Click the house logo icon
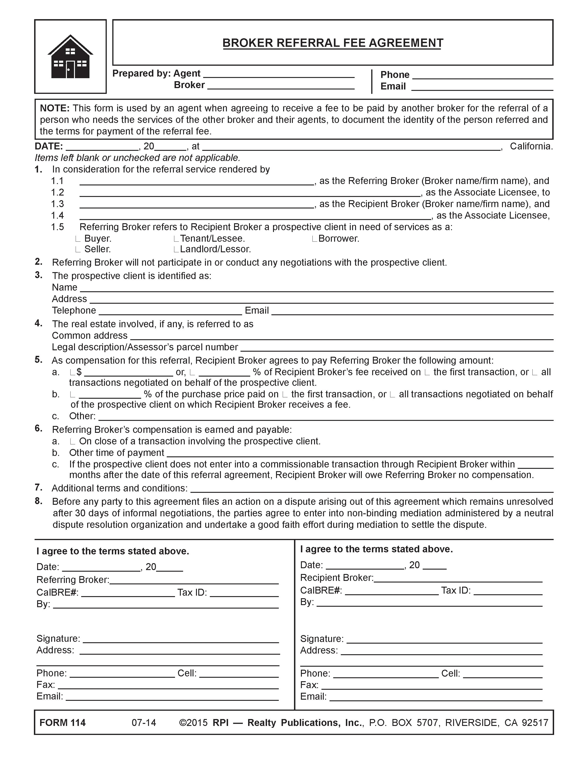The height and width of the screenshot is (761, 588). pos(70,57)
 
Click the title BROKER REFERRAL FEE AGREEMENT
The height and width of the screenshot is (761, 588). pos(333,43)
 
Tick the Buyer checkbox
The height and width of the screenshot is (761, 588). pos(78,239)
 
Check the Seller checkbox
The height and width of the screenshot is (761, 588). pos(78,250)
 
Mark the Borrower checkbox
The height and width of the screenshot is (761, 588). pos(314,239)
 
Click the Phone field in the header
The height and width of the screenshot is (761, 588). pos(482,76)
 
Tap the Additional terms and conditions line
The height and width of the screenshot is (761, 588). pos(372,489)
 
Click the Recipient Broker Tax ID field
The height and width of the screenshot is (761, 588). pos(508,591)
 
